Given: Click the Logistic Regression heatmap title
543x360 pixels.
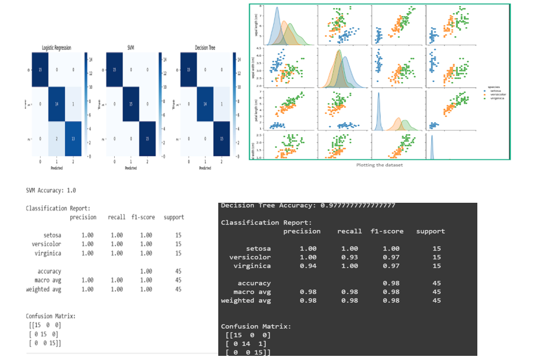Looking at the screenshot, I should (54, 47).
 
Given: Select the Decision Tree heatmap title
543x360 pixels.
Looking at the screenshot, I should (205, 47).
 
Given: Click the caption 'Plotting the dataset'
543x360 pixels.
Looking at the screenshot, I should (379, 165).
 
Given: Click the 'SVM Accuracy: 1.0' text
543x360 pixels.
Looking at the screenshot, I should (51, 191).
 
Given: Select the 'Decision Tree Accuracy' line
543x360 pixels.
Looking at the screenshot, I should (308, 205).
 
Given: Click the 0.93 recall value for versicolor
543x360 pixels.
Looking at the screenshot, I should (350, 257).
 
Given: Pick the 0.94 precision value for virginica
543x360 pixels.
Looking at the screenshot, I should (308, 266).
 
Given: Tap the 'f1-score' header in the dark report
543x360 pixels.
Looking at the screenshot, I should (387, 231).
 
